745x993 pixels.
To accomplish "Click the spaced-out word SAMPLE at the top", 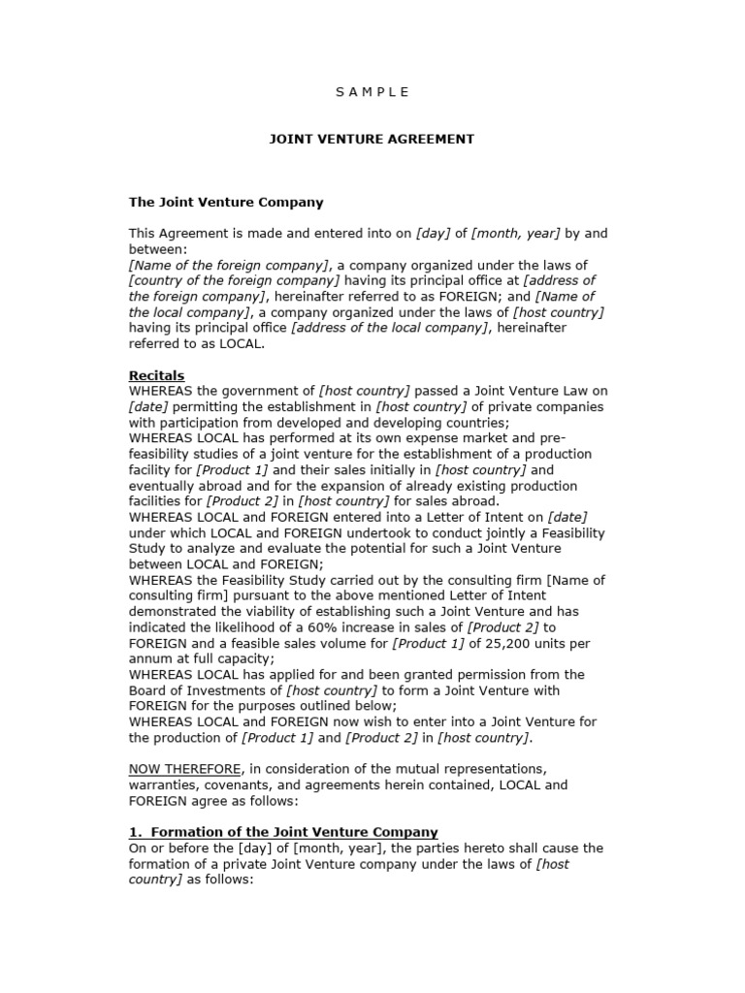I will [x=372, y=92].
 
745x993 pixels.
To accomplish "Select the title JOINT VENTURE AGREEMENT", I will [x=372, y=139].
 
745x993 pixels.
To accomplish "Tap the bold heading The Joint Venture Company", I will [x=226, y=203].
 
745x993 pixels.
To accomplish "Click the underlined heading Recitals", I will [x=156, y=375].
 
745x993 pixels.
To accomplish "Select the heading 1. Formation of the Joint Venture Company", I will [x=283, y=832].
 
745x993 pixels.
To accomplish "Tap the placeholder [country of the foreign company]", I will [x=234, y=280].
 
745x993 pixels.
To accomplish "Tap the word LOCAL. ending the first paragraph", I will [x=241, y=343].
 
